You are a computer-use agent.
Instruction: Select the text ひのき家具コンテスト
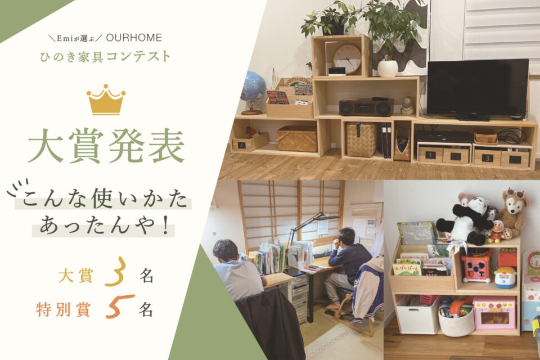106,57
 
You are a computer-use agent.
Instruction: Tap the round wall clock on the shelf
346,58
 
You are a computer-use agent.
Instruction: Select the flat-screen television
477,88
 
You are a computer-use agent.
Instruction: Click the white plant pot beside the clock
388,68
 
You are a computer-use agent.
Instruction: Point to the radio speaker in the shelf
366,107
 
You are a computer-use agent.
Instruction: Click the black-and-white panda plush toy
467,220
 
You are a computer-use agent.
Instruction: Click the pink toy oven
494,312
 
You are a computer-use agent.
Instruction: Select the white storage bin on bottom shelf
417,314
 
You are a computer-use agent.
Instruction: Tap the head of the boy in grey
225,250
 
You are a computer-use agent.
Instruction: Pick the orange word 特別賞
62,309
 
